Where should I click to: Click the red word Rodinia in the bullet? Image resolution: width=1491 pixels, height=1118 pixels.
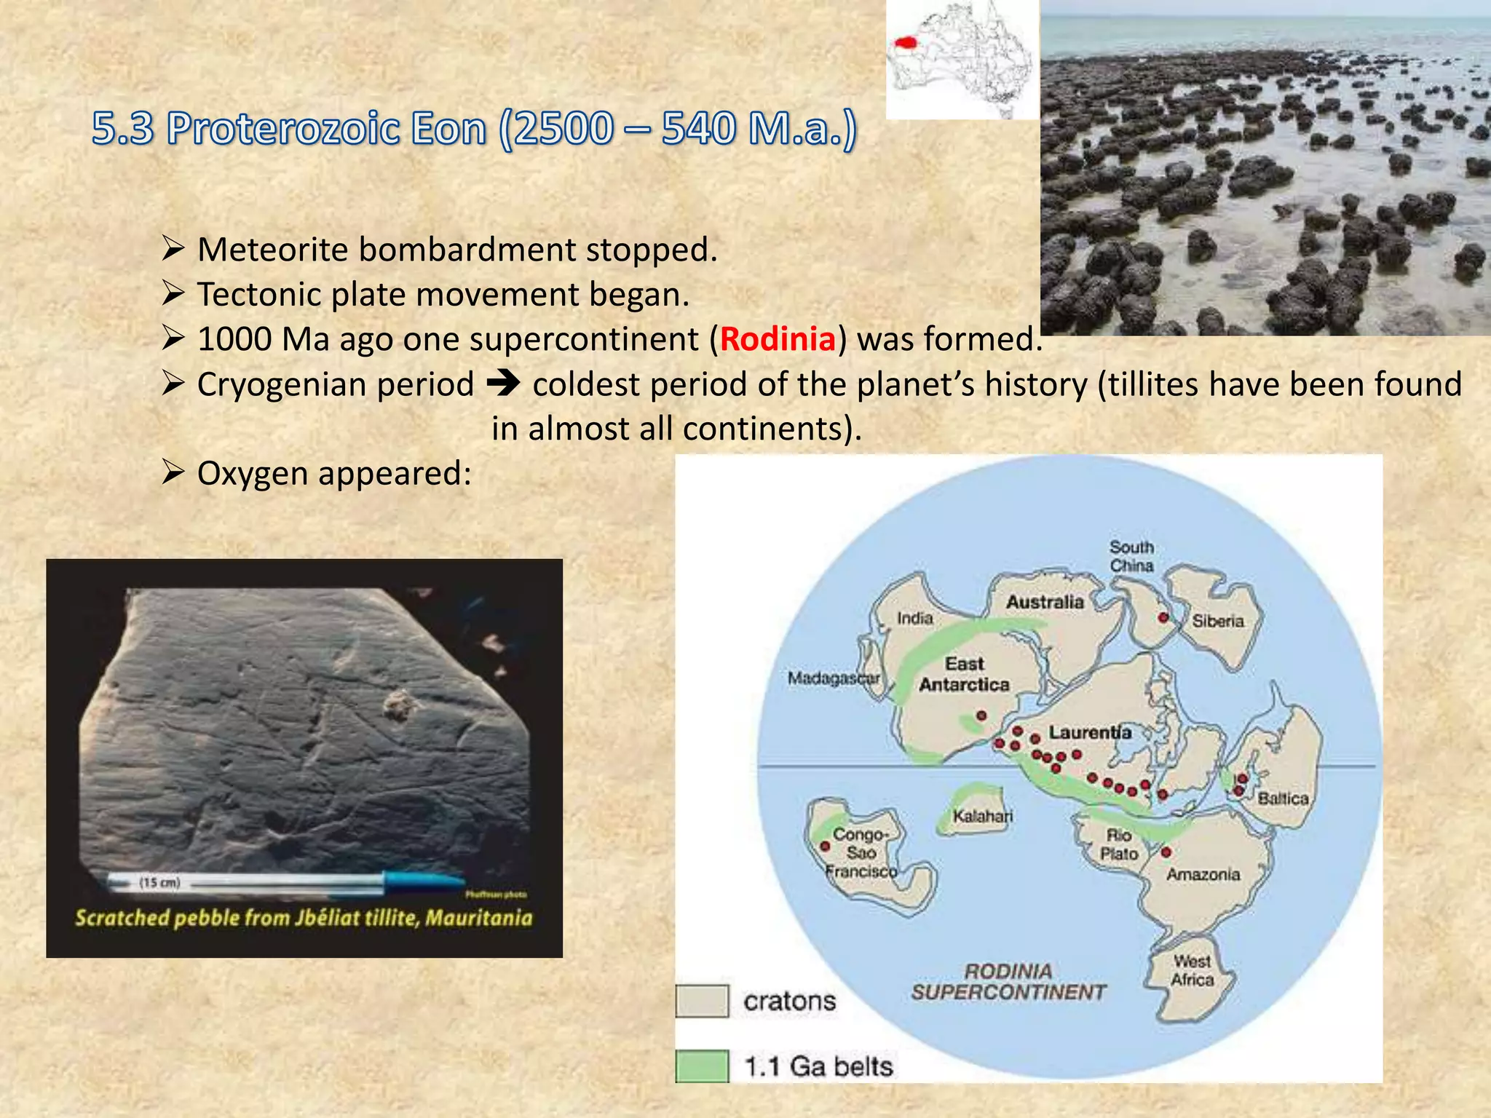point(778,339)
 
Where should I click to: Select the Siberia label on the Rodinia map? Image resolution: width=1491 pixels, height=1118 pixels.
point(1217,621)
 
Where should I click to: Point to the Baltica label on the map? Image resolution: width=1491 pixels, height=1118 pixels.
point(1283,798)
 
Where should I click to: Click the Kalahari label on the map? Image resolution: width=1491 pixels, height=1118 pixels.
point(982,816)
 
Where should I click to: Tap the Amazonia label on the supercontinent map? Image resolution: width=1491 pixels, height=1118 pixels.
point(1203,874)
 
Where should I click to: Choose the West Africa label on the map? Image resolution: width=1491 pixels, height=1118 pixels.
point(1192,970)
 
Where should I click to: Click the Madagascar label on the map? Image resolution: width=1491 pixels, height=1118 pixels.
point(834,678)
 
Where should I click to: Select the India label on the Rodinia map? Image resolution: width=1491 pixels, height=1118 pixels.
point(914,618)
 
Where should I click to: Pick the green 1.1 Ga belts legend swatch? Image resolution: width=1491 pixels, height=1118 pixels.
point(702,1066)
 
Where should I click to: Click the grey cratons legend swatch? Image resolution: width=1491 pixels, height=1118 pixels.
point(702,1001)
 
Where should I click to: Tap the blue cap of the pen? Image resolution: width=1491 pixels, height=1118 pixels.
point(422,881)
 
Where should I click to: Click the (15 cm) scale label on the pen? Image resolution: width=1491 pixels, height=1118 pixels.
point(159,882)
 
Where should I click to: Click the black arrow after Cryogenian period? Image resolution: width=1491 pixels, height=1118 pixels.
point(503,384)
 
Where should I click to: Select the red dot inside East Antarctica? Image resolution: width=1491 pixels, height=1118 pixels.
point(981,715)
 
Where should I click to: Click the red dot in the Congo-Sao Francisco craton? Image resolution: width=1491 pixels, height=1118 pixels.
point(825,847)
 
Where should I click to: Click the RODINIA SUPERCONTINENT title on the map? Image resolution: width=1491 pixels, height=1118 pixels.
point(1008,981)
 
